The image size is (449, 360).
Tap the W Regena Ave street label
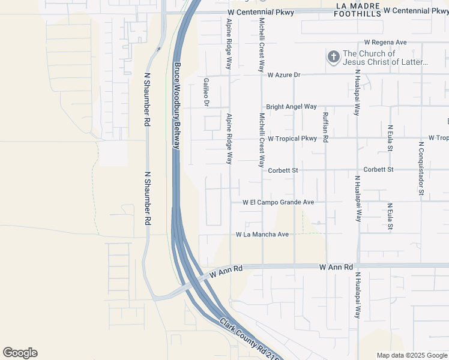click(x=385, y=43)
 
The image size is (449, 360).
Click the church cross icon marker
click(x=333, y=57)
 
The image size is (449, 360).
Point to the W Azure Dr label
click(x=283, y=75)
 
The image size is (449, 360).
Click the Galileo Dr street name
click(x=206, y=92)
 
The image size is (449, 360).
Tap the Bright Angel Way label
click(x=291, y=106)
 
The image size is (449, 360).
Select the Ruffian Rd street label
click(x=325, y=127)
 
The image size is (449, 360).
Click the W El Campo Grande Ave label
click(x=279, y=203)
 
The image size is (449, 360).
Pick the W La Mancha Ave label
click(x=262, y=234)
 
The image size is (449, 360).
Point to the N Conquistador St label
click(x=421, y=168)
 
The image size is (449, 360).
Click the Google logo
click(x=20, y=353)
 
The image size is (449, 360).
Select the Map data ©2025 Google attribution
click(x=412, y=355)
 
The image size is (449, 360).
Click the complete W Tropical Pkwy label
click(x=292, y=139)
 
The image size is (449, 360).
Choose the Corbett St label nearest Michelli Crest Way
click(x=283, y=170)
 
